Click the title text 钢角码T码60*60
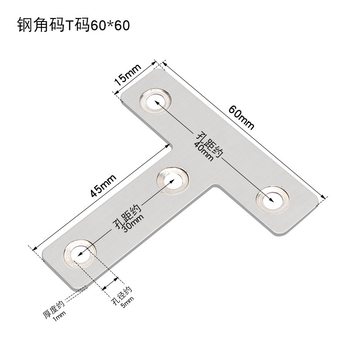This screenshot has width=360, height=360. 73,25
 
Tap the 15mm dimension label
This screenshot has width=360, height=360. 127,74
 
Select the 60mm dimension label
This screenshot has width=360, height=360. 241,117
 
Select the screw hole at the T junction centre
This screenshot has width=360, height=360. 171,180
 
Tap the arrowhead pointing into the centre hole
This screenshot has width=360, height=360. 169,182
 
